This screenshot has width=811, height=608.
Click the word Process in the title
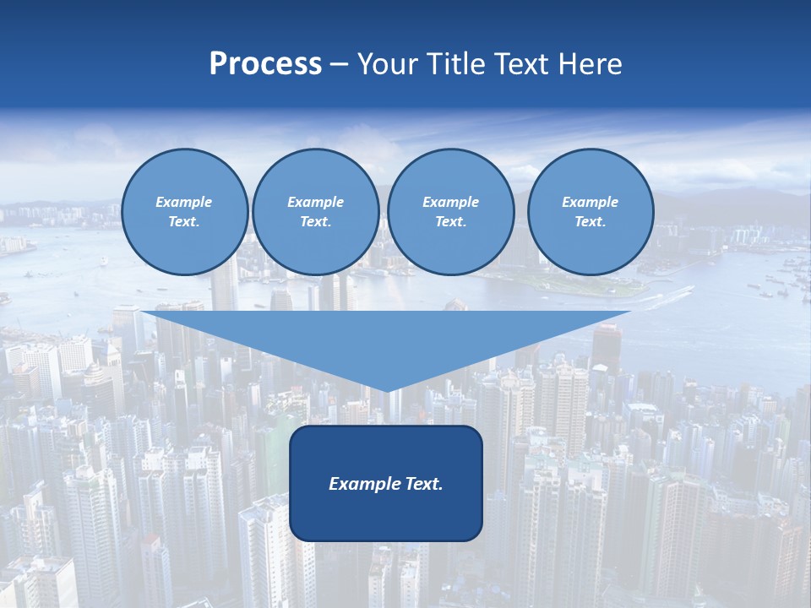tap(265, 64)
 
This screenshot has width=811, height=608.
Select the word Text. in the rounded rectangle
tap(422, 484)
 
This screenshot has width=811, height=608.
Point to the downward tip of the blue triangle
tap(387, 390)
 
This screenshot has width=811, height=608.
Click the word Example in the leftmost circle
tap(183, 202)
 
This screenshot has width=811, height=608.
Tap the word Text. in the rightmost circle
tap(590, 221)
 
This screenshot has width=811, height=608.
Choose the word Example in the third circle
tap(450, 202)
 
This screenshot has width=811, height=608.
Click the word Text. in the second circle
tap(315, 221)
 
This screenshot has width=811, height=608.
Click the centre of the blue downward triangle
tap(387, 338)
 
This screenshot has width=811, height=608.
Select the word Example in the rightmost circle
tap(590, 202)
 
